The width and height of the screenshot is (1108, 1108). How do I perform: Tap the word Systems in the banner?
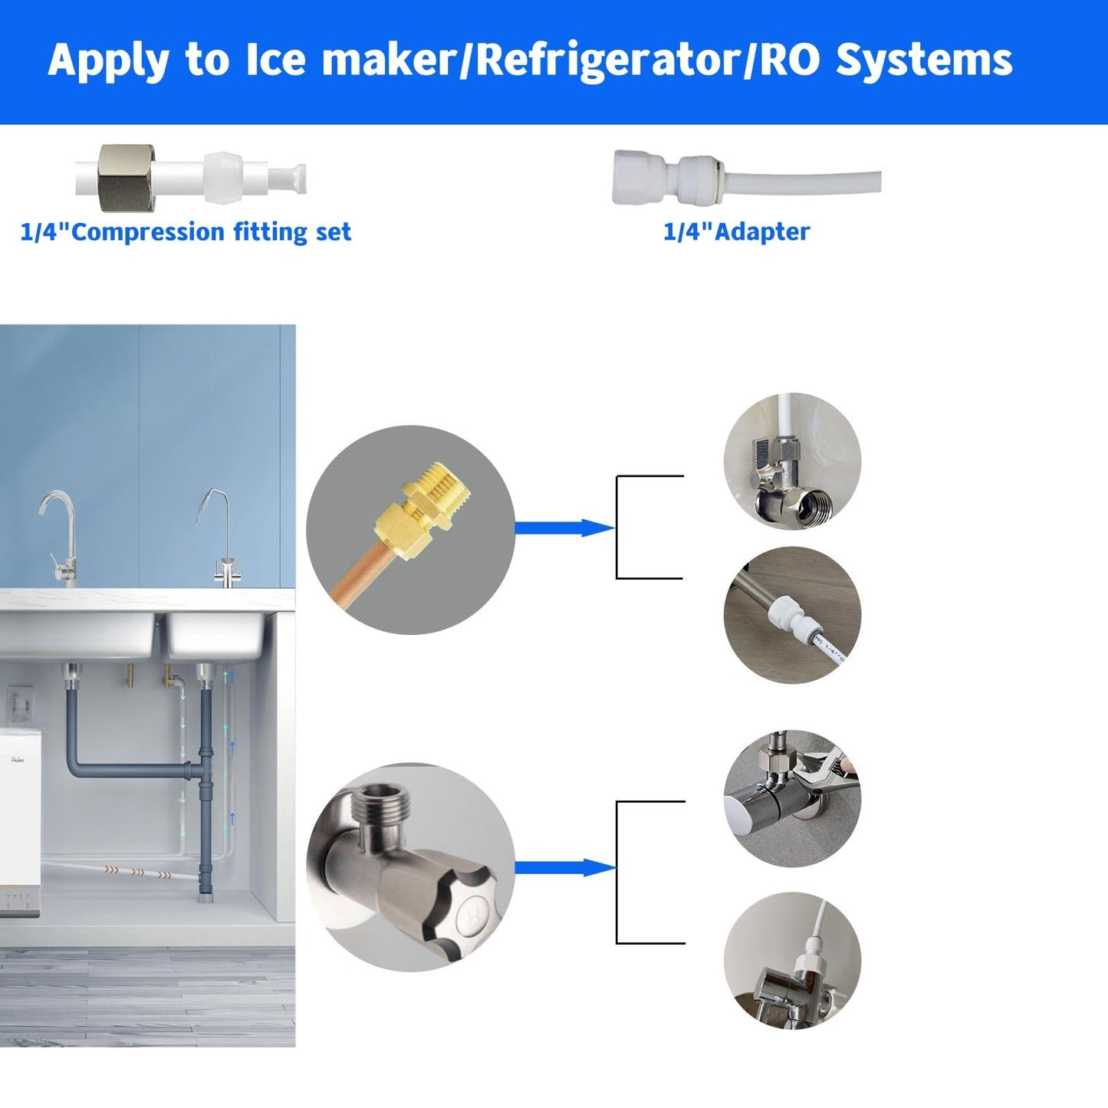tap(923, 61)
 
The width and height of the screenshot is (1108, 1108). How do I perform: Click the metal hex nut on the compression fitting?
tap(127, 178)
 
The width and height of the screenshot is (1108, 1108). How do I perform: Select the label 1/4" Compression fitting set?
tap(186, 232)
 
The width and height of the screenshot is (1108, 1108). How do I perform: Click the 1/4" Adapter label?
tap(736, 232)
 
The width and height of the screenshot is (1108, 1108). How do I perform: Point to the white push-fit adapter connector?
tap(667, 178)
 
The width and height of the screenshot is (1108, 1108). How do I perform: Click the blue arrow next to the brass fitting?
tap(564, 528)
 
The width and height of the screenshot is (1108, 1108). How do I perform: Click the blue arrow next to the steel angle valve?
tap(564, 867)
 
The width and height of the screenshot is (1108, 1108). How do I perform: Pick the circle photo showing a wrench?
tap(792, 797)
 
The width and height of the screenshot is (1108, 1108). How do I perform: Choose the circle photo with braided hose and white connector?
tap(792, 615)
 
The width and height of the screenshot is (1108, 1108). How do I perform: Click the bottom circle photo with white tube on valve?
tap(792, 960)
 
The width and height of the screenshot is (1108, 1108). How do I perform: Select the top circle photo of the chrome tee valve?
tap(792, 462)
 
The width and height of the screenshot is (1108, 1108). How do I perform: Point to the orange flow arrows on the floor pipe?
tap(138, 871)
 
